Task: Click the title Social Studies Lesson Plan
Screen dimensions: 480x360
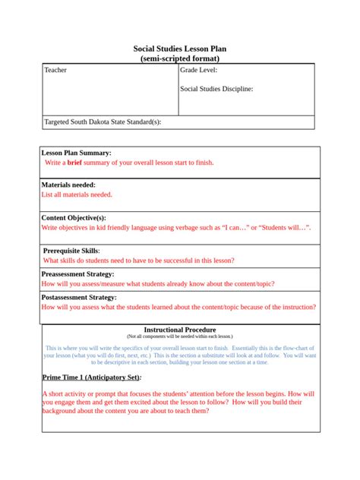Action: coord(179,49)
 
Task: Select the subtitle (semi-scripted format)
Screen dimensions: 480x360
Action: coord(179,58)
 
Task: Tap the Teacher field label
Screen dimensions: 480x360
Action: coord(55,71)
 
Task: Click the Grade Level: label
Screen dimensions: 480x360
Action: coord(198,71)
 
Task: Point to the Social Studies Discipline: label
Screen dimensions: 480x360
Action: coord(216,89)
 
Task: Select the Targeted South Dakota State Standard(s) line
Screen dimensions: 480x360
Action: coord(103,122)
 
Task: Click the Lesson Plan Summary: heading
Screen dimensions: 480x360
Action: coord(76,153)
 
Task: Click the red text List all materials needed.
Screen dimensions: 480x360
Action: coord(76,194)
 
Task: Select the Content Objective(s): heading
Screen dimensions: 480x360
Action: coord(80,217)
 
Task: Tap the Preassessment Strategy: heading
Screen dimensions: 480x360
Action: coord(77,273)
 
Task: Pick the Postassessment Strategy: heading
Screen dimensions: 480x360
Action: coord(79,297)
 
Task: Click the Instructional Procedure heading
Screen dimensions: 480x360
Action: coord(179,330)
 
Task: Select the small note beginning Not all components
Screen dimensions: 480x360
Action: coord(179,336)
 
